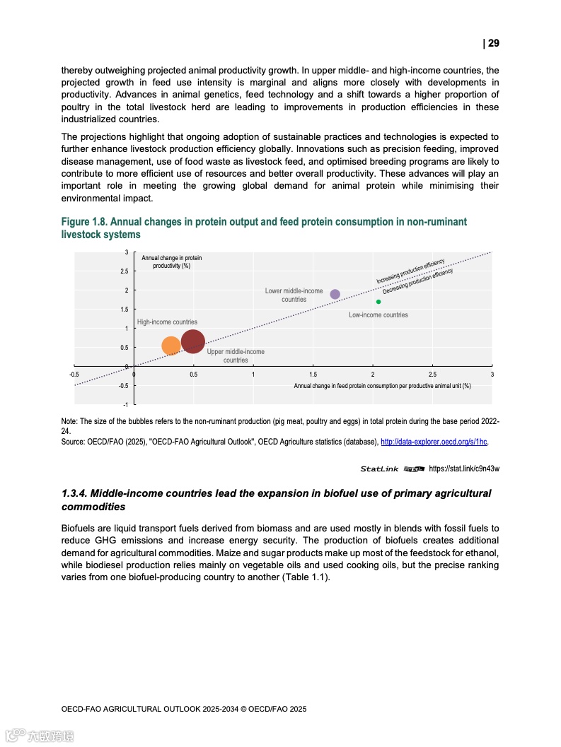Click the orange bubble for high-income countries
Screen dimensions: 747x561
[x=171, y=346]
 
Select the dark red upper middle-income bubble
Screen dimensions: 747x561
[x=193, y=342]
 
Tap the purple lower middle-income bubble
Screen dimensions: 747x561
[x=335, y=294]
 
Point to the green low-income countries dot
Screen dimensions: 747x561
[x=378, y=302]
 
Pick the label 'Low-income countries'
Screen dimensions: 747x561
[x=378, y=314]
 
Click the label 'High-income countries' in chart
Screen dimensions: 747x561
[x=167, y=322]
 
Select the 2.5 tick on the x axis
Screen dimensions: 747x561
[x=432, y=374]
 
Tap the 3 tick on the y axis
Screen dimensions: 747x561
[x=127, y=252]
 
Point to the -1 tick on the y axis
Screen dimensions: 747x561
[x=125, y=404]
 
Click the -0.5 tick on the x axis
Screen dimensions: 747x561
[x=74, y=374]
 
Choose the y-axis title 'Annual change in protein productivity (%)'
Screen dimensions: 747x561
[x=171, y=261]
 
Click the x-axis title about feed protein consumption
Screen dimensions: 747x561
[x=382, y=385]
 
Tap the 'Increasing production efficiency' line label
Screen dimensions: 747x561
[x=410, y=271]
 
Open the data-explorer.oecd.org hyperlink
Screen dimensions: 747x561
[x=434, y=442]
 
